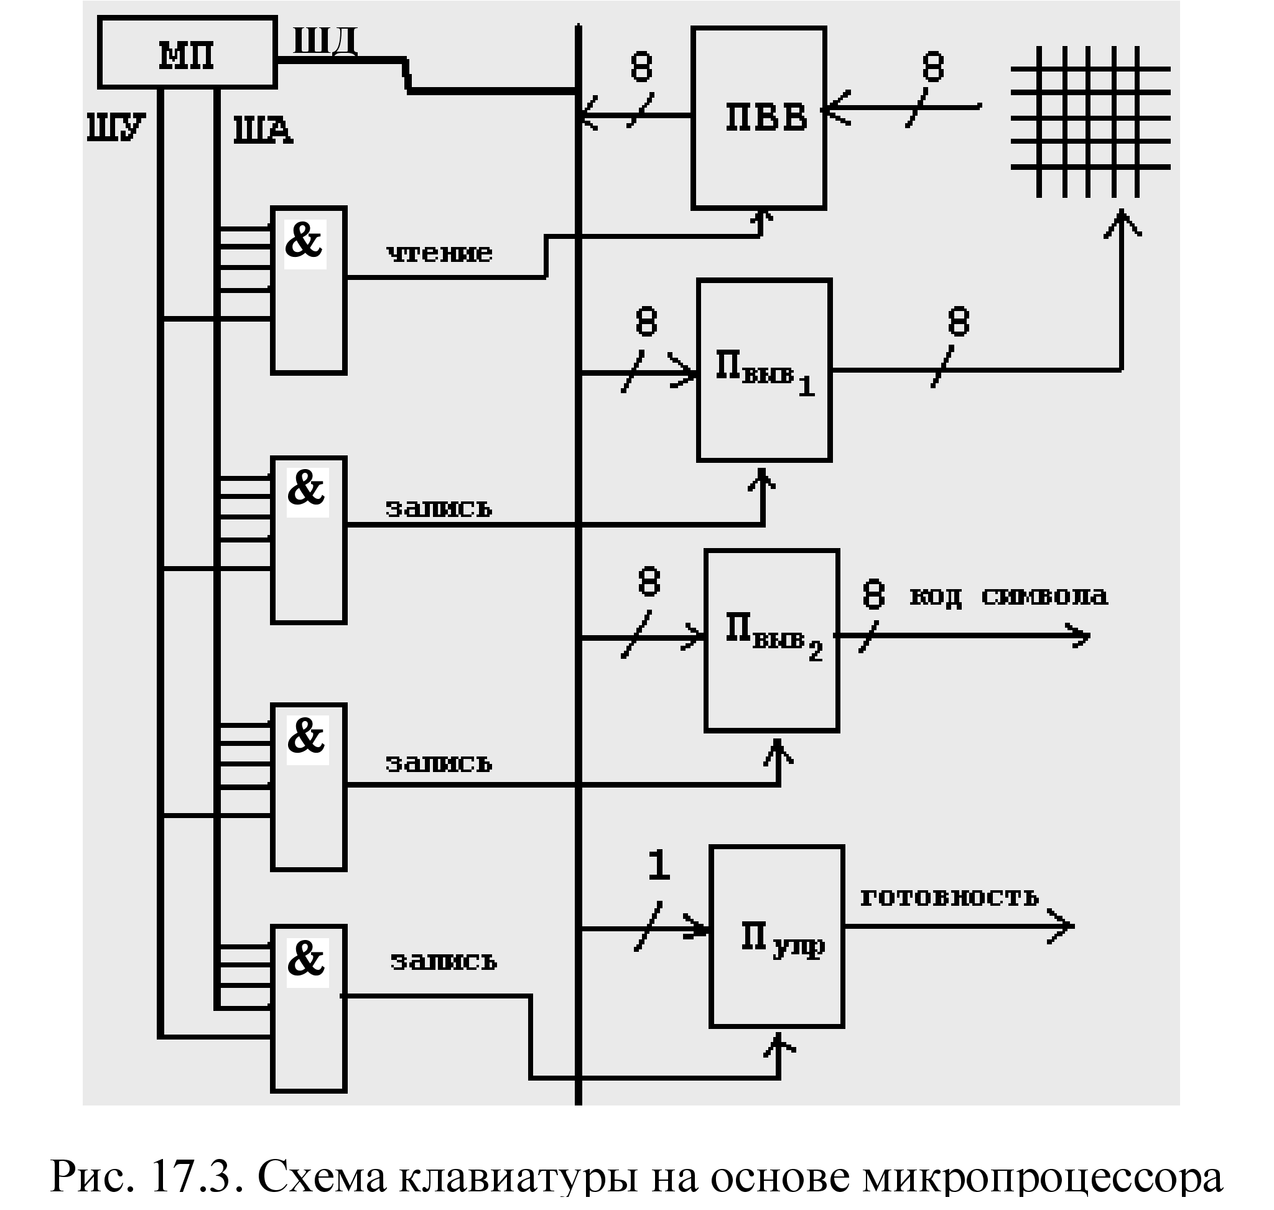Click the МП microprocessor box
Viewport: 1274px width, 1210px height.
(x=187, y=53)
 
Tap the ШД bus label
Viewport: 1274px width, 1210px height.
(x=325, y=42)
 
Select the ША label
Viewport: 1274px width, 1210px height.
(x=263, y=129)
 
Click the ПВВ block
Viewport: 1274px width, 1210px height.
(x=758, y=118)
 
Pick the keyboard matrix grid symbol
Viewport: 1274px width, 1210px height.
(x=1090, y=121)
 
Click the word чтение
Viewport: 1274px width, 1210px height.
(x=439, y=253)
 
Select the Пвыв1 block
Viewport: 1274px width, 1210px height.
(x=765, y=370)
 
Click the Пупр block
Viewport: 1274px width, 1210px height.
(x=778, y=936)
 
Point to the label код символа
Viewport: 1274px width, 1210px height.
(x=1009, y=595)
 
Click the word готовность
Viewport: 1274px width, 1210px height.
(x=949, y=897)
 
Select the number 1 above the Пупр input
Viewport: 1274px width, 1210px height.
(x=659, y=865)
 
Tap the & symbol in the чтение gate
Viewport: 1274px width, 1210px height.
(x=304, y=241)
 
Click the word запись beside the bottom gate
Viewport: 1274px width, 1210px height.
(x=444, y=961)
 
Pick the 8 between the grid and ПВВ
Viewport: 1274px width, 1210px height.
(x=933, y=67)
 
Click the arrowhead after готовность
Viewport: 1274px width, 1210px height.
(x=1061, y=926)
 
